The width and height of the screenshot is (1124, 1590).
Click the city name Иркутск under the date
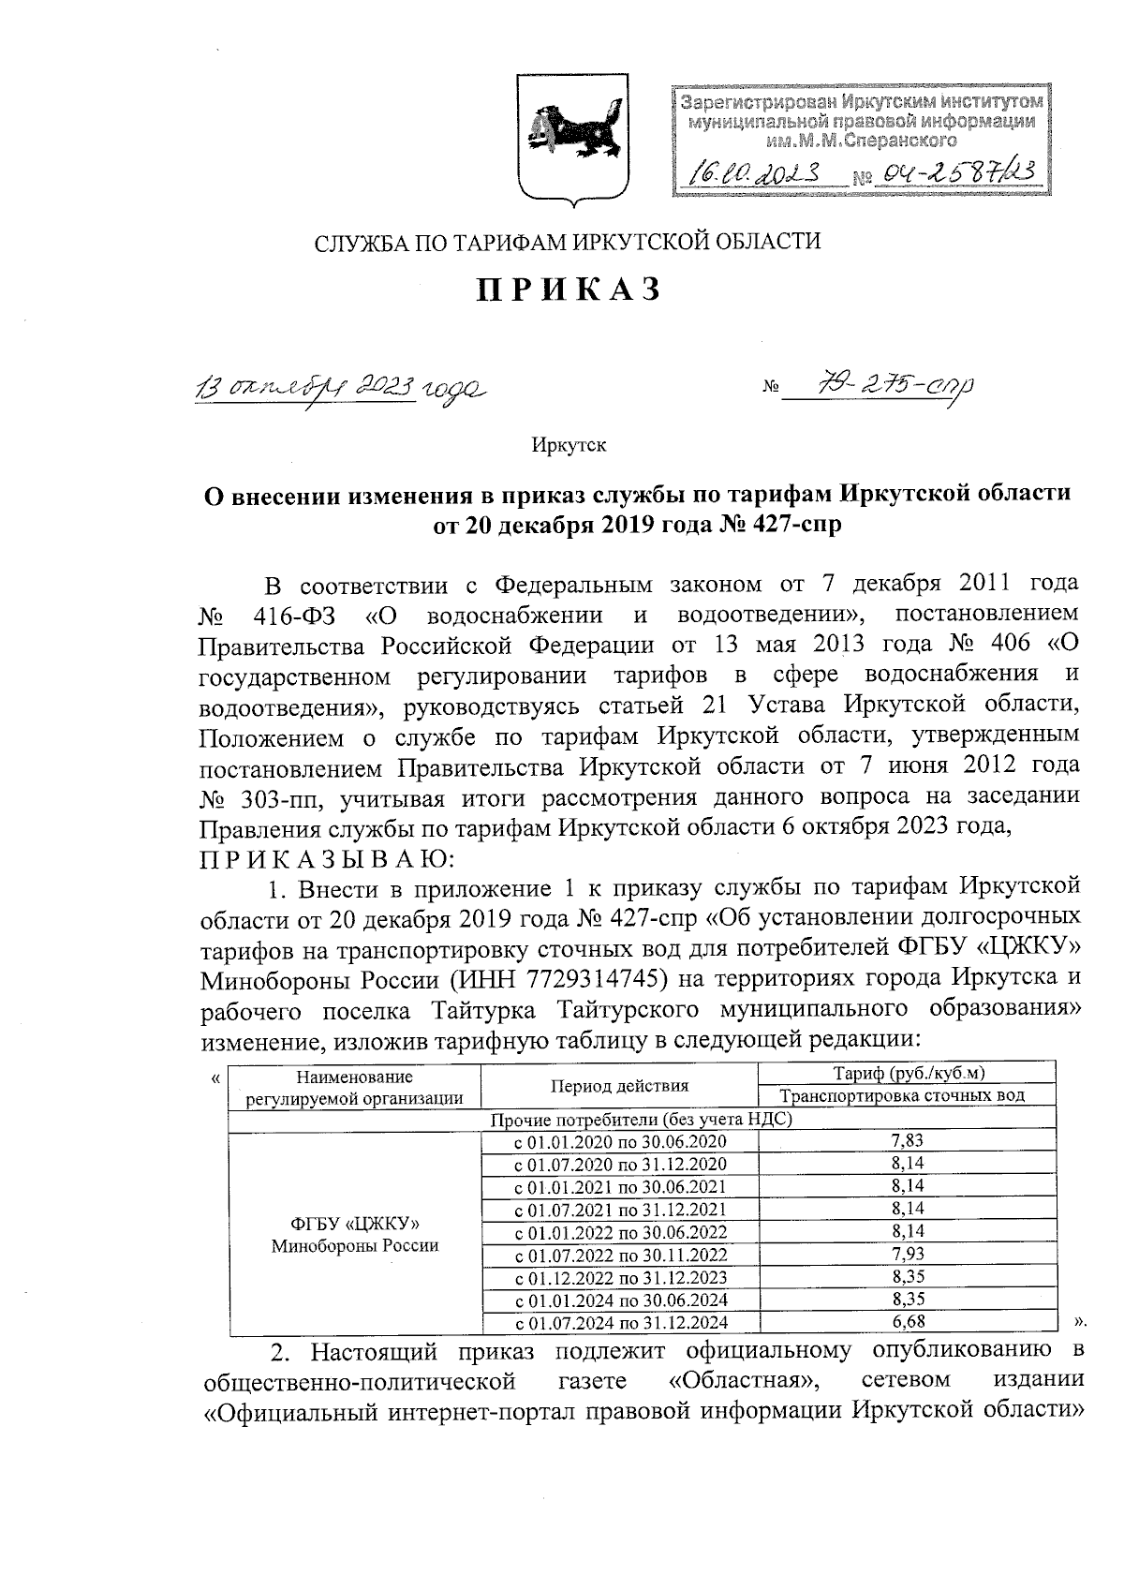pyautogui.click(x=569, y=444)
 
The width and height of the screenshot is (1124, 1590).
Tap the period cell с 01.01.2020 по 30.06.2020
pyautogui.click(x=620, y=1141)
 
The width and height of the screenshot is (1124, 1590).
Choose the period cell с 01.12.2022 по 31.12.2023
pyautogui.click(x=620, y=1277)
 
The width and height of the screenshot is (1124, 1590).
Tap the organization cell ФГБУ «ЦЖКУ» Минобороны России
pyautogui.click(x=355, y=1235)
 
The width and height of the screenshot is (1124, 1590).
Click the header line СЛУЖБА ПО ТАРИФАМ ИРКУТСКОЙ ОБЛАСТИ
pyautogui.click(x=568, y=243)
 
